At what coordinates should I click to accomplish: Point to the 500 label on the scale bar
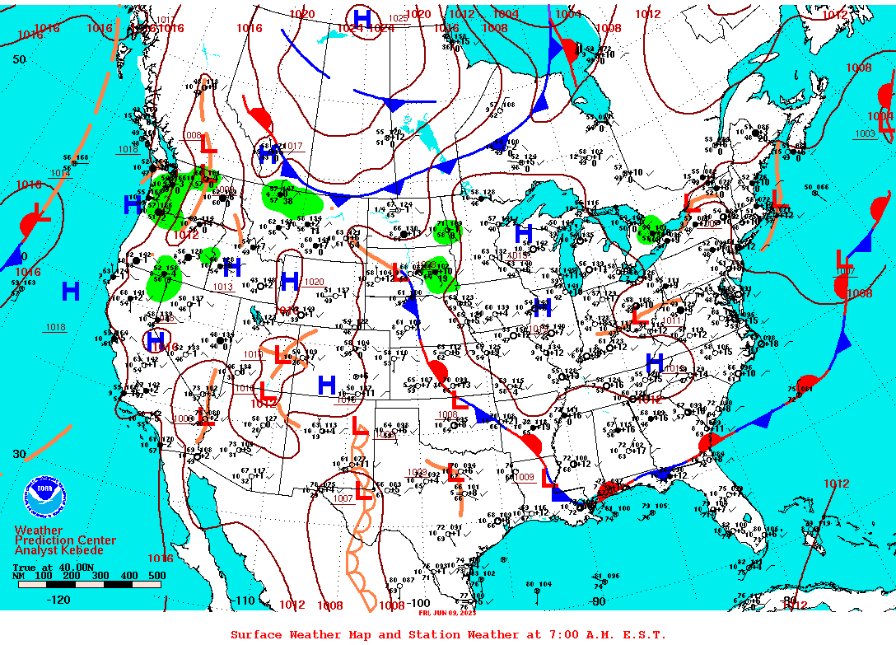(x=156, y=576)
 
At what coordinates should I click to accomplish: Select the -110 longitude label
(x=245, y=601)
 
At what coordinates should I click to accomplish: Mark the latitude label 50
(x=19, y=59)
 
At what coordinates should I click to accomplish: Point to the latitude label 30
(x=19, y=454)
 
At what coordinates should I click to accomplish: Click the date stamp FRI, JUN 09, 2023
(x=447, y=613)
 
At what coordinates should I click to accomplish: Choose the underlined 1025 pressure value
(x=397, y=18)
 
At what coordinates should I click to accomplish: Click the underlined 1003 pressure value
(x=865, y=133)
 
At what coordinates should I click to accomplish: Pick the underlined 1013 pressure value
(x=222, y=287)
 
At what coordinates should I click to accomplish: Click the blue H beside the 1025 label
(x=362, y=17)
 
